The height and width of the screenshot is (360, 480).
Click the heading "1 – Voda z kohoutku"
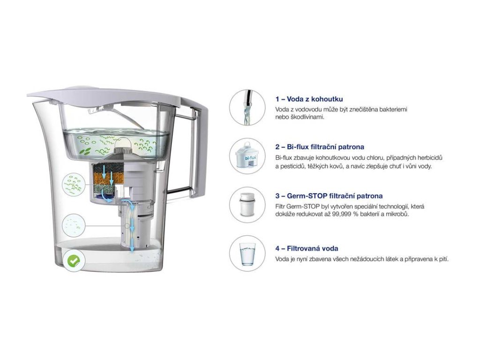(309, 99)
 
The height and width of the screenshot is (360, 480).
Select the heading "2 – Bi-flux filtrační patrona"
(320, 147)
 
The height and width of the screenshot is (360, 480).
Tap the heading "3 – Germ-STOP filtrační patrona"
(329, 196)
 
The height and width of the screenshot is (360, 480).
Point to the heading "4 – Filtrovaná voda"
(307, 248)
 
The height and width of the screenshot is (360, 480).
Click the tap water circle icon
(247, 107)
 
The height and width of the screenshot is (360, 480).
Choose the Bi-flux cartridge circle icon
(247, 156)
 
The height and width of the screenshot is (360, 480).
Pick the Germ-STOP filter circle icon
(247, 205)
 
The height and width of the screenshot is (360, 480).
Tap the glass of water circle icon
(247, 254)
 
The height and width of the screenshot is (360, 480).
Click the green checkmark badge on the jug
(73, 261)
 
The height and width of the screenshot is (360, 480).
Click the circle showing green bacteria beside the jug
(75, 184)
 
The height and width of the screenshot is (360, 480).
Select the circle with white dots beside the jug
(75, 225)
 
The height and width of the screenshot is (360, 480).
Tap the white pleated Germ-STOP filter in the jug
(129, 225)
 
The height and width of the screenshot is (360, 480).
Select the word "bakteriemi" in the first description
(392, 109)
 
